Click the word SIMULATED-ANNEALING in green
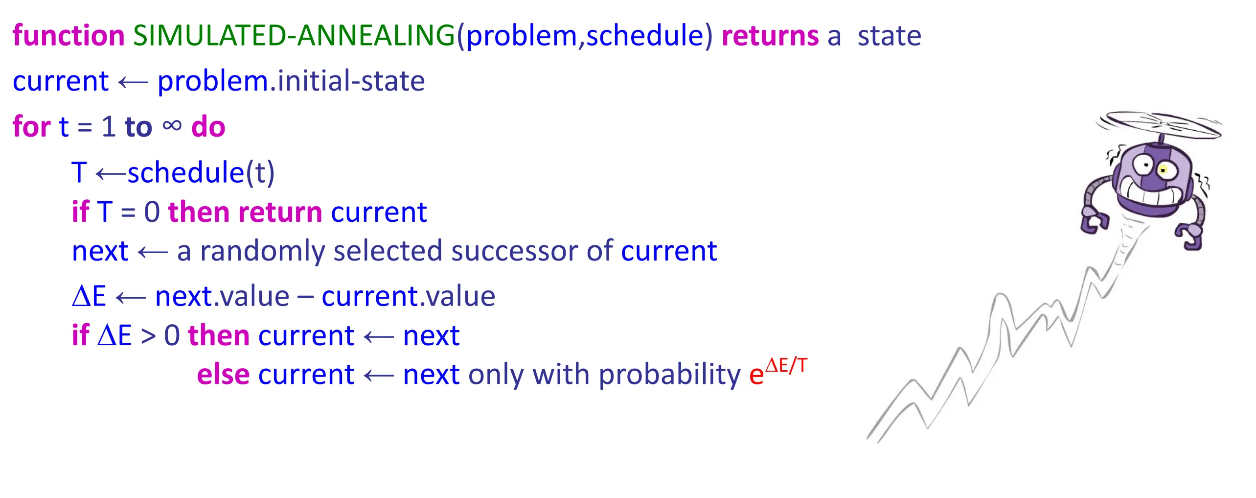294,35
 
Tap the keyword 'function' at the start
69,35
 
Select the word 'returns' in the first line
770,35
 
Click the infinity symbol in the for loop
172,126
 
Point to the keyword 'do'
208,126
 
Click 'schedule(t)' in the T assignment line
201,172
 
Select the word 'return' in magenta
280,212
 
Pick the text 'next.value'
222,296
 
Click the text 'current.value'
409,296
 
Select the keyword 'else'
223,374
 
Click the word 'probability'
670,375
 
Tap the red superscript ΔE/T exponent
786,365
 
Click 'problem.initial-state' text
291,81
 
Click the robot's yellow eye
1164,170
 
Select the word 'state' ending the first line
890,36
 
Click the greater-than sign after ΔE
148,336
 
